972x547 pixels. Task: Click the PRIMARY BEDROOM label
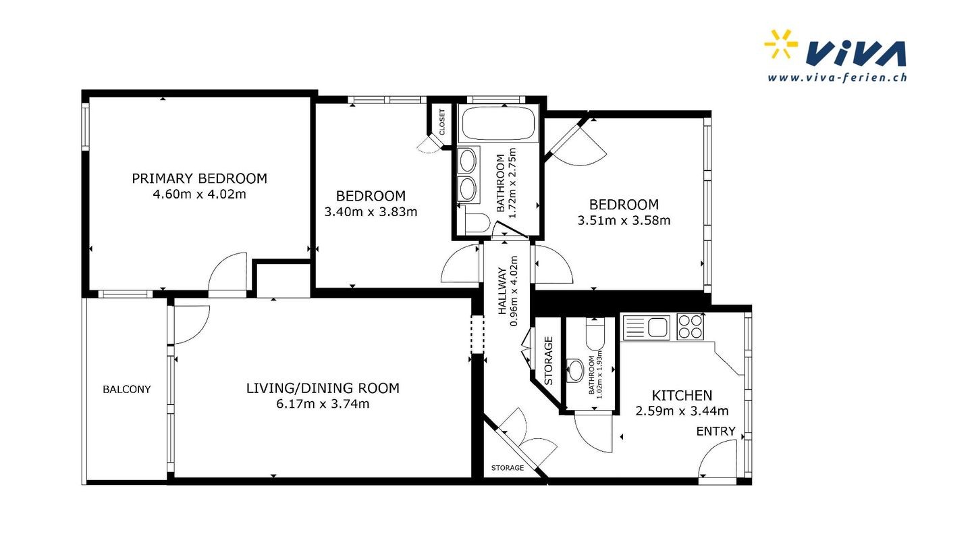(200, 178)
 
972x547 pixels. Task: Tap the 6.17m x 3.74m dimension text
(323, 404)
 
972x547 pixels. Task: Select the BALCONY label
(127, 390)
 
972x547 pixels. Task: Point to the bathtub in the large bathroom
(498, 124)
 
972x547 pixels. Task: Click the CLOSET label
(442, 122)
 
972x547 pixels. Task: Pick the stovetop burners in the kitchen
(690, 327)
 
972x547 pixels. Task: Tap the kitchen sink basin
(658, 327)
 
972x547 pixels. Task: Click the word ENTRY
(716, 431)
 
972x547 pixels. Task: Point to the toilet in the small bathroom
(595, 334)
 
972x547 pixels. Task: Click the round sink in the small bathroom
(576, 370)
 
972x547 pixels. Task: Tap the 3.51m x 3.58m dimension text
(624, 221)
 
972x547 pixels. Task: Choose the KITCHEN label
(682, 396)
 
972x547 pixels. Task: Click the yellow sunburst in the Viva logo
(780, 44)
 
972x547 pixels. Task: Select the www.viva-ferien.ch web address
(837, 77)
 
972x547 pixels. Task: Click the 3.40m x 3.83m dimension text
(371, 212)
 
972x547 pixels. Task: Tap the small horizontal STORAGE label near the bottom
(508, 468)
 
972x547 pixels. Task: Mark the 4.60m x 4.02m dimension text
(200, 194)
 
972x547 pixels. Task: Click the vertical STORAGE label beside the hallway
(549, 361)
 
